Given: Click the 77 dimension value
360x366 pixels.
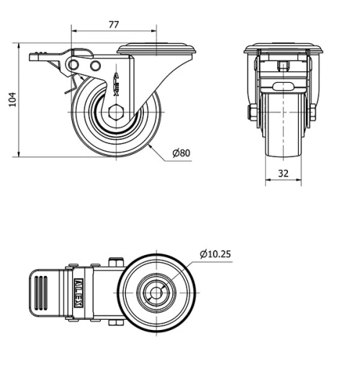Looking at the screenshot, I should click(x=114, y=24).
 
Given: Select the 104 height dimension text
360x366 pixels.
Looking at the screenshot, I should click(x=10, y=99).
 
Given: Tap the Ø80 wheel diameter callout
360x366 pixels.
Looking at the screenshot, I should click(x=181, y=153).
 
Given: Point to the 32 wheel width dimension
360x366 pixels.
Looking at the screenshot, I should click(x=282, y=173).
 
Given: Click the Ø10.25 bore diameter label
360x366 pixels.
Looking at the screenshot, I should click(x=215, y=254).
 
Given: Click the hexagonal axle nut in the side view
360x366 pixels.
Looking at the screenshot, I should click(x=117, y=113).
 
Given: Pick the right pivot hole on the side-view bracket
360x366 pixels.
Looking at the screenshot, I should click(x=95, y=66).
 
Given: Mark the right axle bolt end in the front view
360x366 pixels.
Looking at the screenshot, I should click(x=314, y=113).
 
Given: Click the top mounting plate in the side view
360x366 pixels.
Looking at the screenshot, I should click(x=157, y=49).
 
